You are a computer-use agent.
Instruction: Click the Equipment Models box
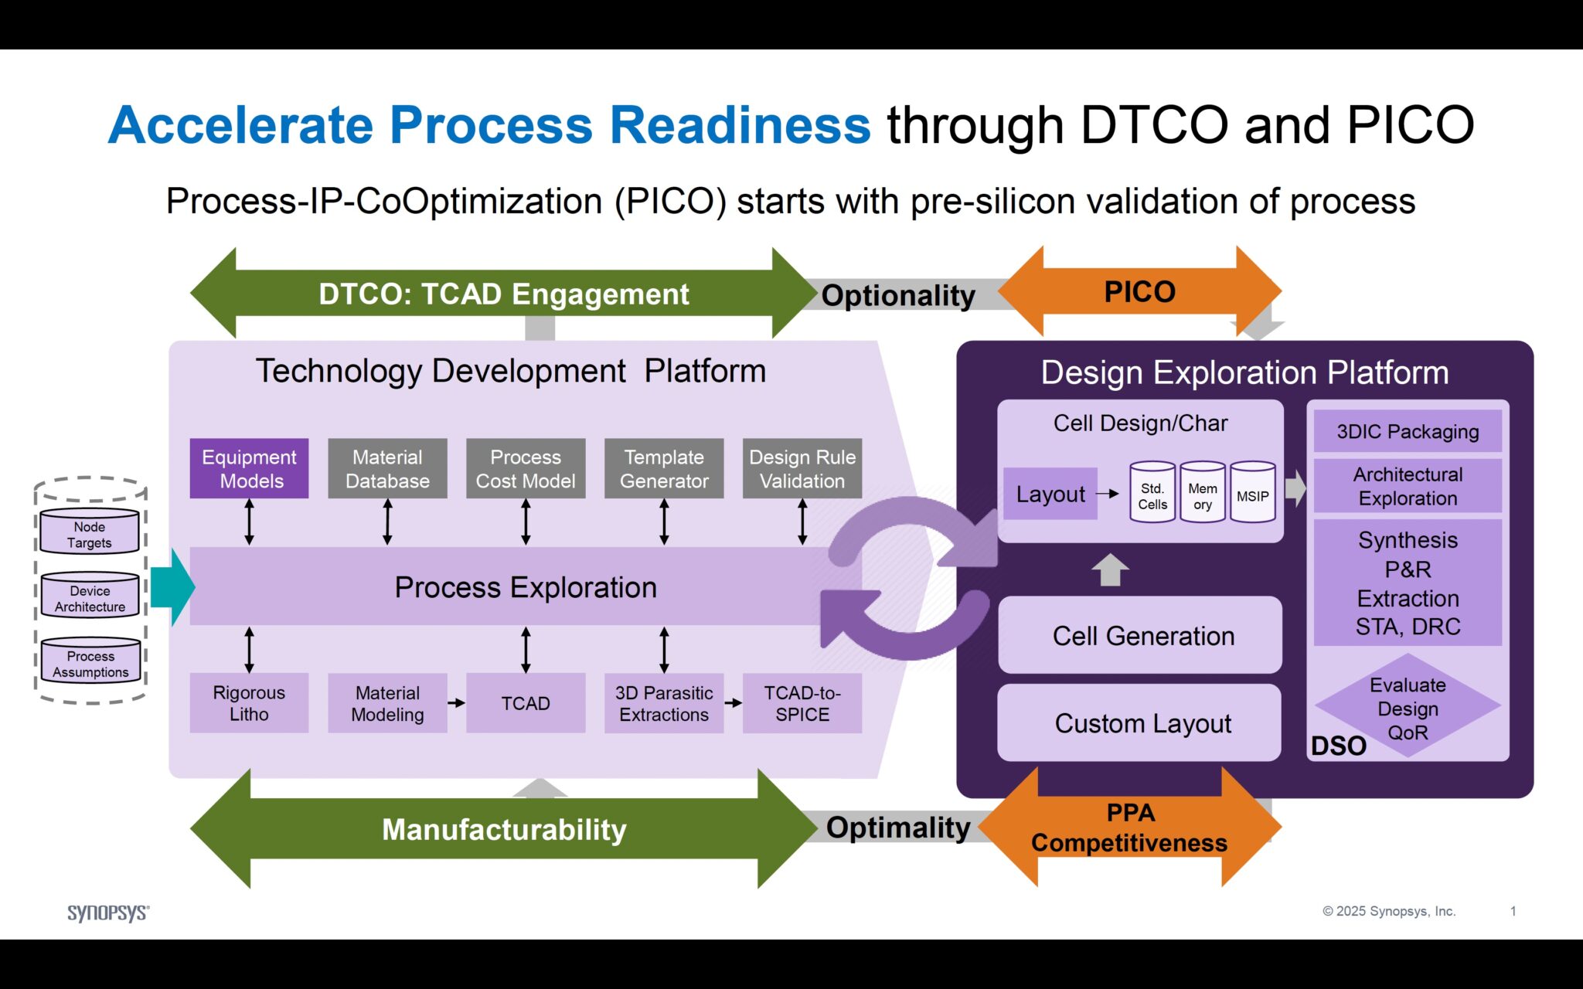coord(249,468)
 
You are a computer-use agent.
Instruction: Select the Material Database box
coord(387,468)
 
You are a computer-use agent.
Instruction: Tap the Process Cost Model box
coord(526,468)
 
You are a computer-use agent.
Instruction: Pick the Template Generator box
coord(664,468)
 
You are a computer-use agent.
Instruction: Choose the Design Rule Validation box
coord(802,468)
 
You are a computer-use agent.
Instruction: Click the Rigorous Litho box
coord(249,702)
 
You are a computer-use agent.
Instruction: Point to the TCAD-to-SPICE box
coord(802,702)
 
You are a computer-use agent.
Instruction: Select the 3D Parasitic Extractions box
coord(664,702)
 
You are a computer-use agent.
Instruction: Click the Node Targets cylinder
coord(90,533)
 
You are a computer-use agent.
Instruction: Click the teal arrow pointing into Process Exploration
coord(172,587)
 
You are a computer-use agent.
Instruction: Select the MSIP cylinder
coord(1252,494)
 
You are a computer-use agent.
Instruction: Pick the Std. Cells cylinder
coord(1152,494)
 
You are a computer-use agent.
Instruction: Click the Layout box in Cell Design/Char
coord(1050,494)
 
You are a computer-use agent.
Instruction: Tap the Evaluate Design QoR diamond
coord(1408,707)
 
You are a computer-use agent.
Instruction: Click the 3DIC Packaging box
coord(1408,431)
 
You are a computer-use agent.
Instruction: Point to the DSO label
coord(1338,746)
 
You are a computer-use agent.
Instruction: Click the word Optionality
coord(897,295)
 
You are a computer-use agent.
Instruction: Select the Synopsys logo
coord(108,913)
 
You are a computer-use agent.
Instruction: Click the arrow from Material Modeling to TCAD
coord(456,702)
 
